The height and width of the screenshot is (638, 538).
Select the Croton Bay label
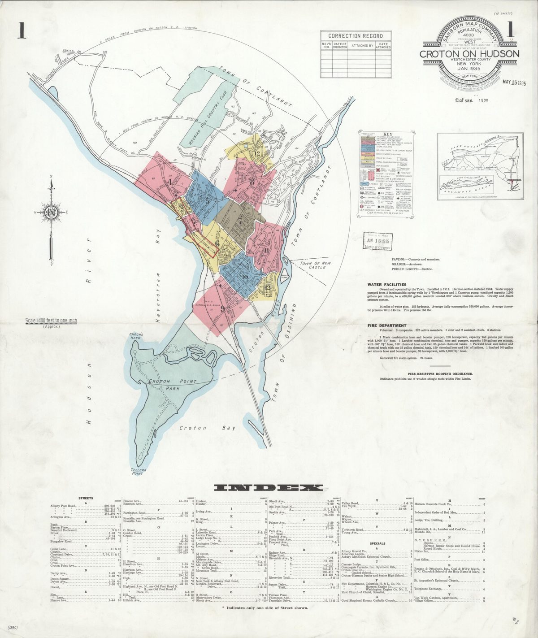(207, 428)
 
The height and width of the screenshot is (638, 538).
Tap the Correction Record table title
(356, 36)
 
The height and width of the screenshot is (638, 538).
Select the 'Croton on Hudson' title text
(469, 54)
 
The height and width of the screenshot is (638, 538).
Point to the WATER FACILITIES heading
(386, 284)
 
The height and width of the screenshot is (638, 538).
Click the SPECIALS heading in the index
(377, 543)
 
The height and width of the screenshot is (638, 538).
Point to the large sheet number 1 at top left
(21, 30)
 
